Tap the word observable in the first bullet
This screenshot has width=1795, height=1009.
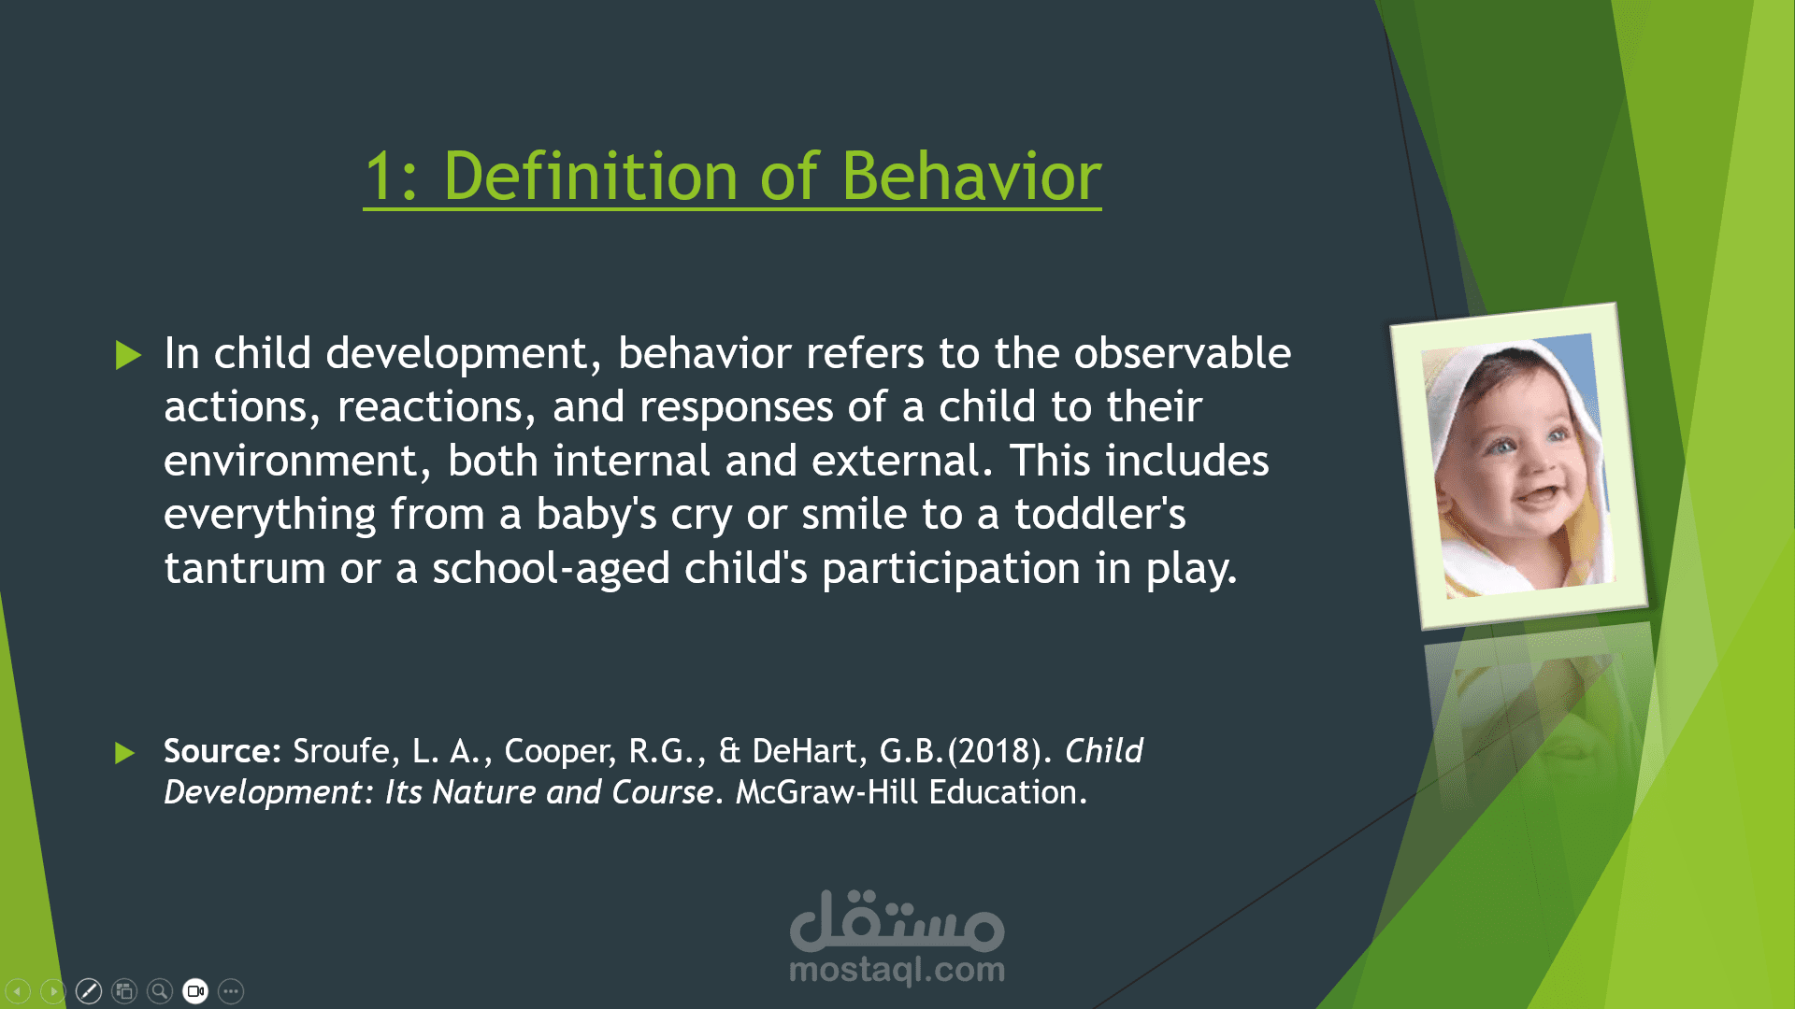point(1183,353)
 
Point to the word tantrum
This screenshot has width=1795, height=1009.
point(245,569)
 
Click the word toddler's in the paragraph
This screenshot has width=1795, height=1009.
point(1100,514)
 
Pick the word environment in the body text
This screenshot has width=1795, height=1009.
point(292,462)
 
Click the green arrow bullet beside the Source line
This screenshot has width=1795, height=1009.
point(125,753)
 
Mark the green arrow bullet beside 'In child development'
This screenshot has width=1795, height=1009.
point(128,355)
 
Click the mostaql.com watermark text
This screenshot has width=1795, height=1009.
point(897,970)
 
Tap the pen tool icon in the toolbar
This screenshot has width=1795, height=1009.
point(89,991)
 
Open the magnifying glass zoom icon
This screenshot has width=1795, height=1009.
point(160,991)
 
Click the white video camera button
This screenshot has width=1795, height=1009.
point(195,991)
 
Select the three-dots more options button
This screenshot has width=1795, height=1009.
point(231,991)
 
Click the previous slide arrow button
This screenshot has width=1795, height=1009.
point(18,991)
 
